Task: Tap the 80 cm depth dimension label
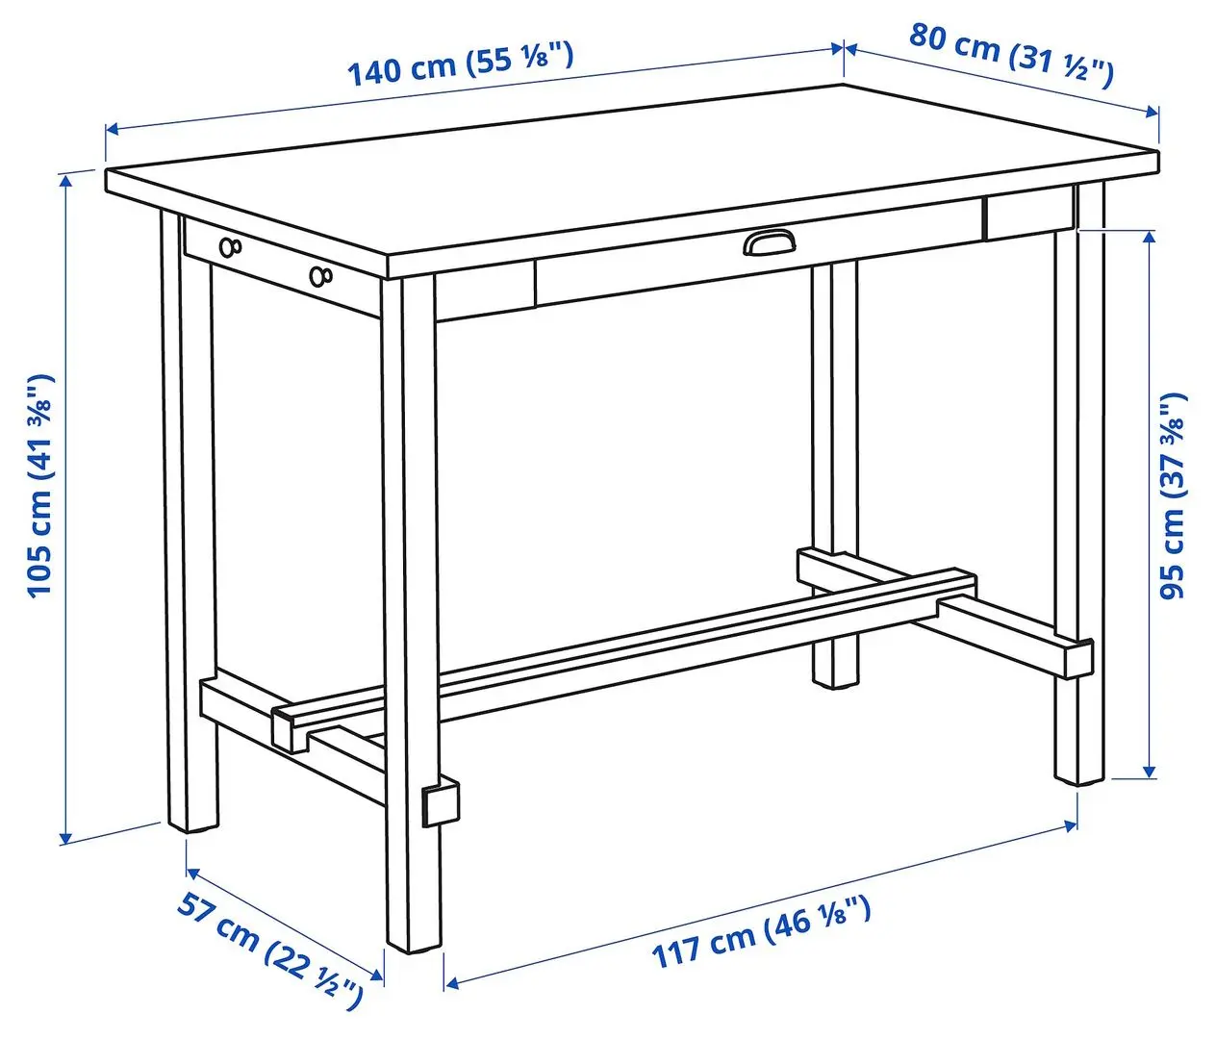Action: click(x=1010, y=53)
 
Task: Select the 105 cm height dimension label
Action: click(x=39, y=484)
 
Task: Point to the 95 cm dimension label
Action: click(x=1173, y=494)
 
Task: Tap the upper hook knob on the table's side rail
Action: click(x=231, y=247)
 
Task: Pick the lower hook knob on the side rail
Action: click(x=319, y=277)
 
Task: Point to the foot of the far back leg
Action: click(x=835, y=678)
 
